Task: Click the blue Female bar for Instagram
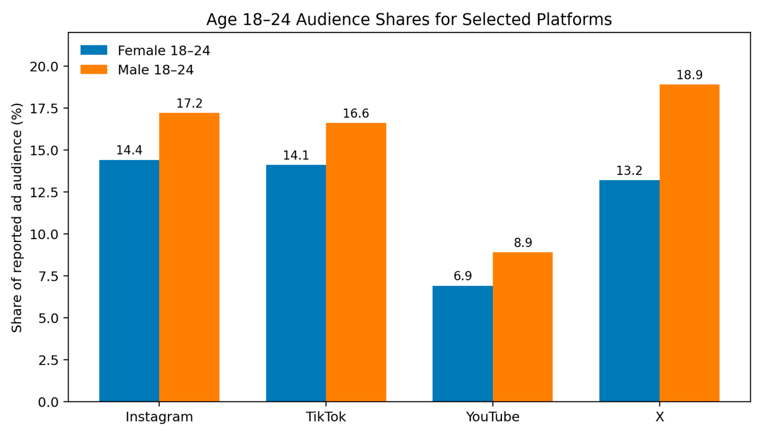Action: (x=129, y=281)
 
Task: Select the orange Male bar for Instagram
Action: (x=190, y=257)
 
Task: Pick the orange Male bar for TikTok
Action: (x=356, y=262)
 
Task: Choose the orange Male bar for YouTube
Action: (x=523, y=327)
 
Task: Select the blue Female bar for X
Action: (x=629, y=291)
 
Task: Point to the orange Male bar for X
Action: (x=690, y=243)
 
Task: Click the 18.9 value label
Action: (x=690, y=75)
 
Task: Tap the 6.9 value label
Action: (x=463, y=276)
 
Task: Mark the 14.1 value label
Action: (x=296, y=155)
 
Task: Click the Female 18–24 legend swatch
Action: (x=94, y=50)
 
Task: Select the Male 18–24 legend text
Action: (x=156, y=70)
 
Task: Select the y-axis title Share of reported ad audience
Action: (x=17, y=217)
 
